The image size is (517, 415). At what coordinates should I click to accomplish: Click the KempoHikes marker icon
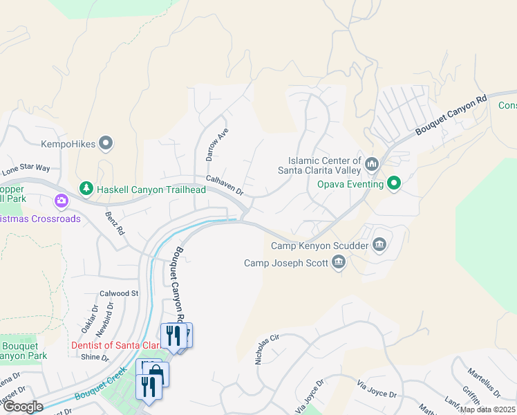coord(106,143)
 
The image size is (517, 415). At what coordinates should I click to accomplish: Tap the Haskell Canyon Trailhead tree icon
coord(86,188)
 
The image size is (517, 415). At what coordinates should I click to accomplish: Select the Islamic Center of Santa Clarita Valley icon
coord(373,164)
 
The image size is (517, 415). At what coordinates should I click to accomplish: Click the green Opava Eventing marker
coord(394,183)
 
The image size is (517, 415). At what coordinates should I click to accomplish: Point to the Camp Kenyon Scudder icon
coord(379,244)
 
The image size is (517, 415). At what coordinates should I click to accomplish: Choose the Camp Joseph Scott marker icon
coord(338,261)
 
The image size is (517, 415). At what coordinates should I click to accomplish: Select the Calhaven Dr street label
coord(225,183)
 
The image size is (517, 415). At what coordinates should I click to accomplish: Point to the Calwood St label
coord(119,293)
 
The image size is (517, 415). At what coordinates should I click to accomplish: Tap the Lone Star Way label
coord(26,168)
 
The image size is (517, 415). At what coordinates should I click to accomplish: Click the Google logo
coord(22,407)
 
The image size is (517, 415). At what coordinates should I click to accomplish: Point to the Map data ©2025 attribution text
coord(487,409)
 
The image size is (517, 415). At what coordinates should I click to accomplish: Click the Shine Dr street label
coord(95,358)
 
